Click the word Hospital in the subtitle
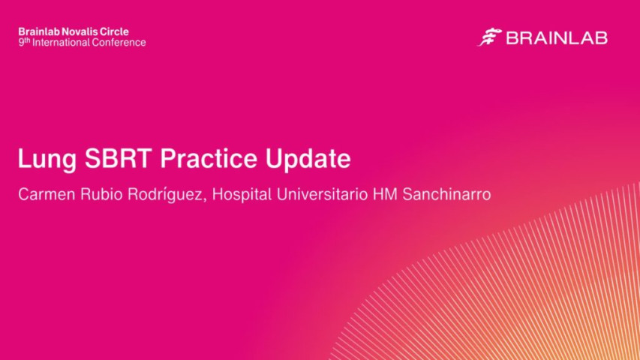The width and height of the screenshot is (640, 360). (x=239, y=194)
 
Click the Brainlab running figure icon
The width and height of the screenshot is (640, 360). (x=489, y=37)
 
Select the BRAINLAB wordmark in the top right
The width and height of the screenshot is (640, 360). (x=556, y=38)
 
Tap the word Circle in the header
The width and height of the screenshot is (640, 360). (x=115, y=31)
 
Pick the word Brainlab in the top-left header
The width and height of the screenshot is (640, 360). (x=39, y=31)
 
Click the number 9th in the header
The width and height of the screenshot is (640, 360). (x=23, y=42)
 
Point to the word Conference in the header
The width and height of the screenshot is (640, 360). (x=119, y=43)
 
